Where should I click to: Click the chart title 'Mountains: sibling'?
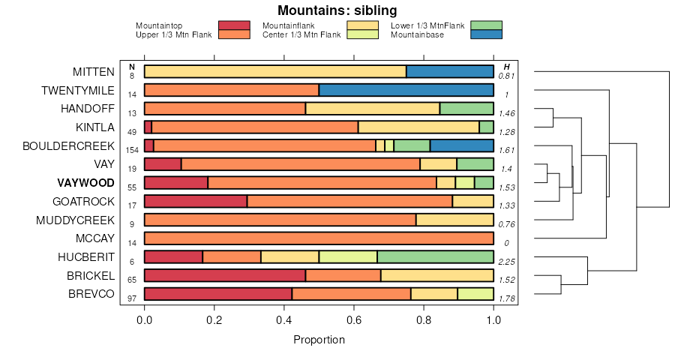[x=337, y=10]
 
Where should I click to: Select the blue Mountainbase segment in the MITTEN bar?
[x=450, y=72]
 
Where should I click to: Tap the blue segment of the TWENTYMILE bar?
[x=406, y=90]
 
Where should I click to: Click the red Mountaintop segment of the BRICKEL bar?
[x=224, y=275]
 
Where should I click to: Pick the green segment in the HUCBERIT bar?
[x=435, y=256]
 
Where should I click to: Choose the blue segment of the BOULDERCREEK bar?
[x=462, y=145]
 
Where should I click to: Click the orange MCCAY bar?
[x=319, y=238]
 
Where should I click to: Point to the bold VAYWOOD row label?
[x=85, y=183]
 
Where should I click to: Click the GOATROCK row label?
[x=83, y=202]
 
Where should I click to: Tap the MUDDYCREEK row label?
[x=75, y=220]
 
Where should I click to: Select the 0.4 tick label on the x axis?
[x=283, y=320]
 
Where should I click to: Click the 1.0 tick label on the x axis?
[x=493, y=320]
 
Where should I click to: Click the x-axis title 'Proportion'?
[x=319, y=340]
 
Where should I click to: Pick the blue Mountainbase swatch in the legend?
[x=486, y=34]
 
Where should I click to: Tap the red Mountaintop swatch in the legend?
[x=233, y=25]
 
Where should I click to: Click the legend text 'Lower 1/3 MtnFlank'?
[x=427, y=26]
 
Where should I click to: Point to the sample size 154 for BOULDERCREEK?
[x=132, y=150]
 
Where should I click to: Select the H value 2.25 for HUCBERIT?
[x=506, y=262]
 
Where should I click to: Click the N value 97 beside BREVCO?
[x=132, y=298]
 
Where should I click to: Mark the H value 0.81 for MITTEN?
[x=506, y=76]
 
